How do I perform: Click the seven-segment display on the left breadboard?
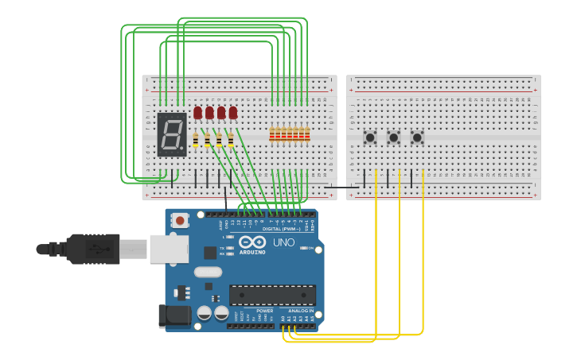(x=172, y=134)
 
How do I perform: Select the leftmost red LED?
(x=198, y=113)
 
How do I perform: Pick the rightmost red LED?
(x=233, y=113)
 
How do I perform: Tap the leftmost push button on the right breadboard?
(x=370, y=137)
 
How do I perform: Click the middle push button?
(x=393, y=137)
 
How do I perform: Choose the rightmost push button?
(x=417, y=137)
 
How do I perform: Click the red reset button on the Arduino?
(x=181, y=220)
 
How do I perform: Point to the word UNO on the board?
(x=284, y=242)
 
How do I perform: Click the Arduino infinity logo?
(x=251, y=242)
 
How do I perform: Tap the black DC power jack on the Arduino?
(x=173, y=315)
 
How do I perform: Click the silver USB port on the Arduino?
(x=169, y=249)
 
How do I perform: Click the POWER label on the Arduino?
(x=253, y=311)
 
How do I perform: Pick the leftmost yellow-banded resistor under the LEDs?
(x=196, y=141)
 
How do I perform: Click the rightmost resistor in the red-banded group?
(x=307, y=134)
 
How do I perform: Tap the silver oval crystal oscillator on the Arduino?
(x=208, y=272)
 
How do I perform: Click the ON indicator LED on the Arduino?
(x=306, y=249)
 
